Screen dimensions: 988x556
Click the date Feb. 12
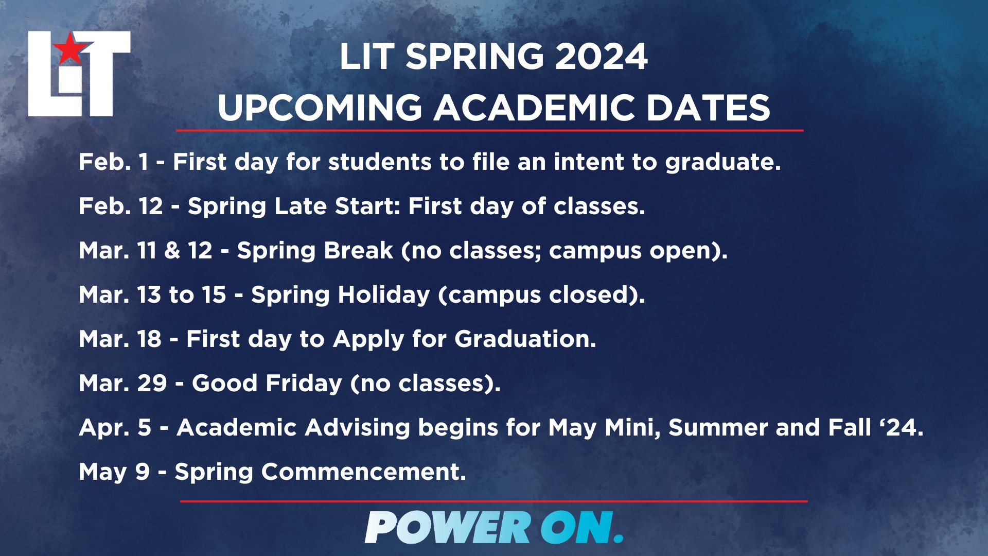121,206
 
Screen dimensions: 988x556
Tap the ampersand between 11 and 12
172,250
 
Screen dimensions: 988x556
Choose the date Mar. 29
123,383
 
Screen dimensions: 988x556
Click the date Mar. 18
120,339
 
